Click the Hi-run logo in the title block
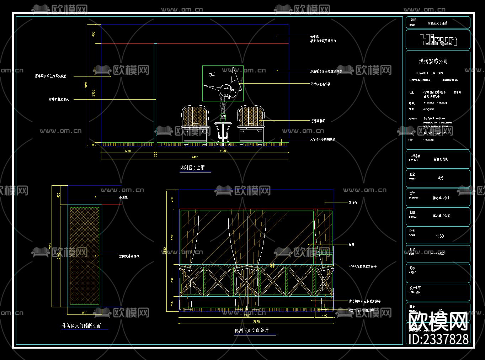point(438,39)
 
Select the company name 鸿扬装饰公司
point(433,62)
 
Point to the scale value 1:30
point(439,236)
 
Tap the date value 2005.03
point(437,253)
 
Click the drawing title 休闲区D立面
point(192,168)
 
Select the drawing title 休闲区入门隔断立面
point(81,326)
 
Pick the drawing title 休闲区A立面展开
point(251,330)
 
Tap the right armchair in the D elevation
point(251,126)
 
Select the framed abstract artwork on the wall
point(223,83)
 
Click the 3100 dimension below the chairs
point(223,151)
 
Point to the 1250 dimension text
point(127,151)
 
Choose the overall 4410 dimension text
point(195,157)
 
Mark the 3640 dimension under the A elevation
point(256,321)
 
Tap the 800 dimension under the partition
point(85,313)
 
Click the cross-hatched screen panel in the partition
point(85,255)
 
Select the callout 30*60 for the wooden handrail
point(362,266)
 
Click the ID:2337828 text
point(439,339)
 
